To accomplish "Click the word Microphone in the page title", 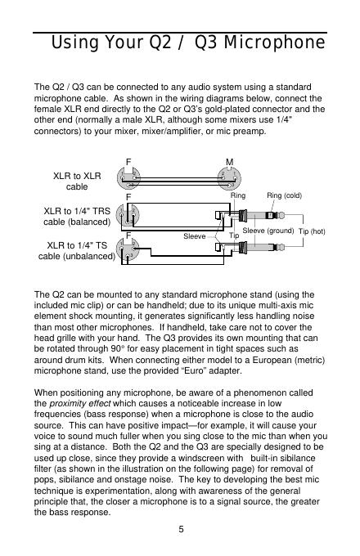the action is pos(274,43).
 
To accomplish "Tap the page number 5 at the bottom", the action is pos(181,529).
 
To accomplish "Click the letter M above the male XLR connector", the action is pos(229,162).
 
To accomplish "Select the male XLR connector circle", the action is pos(229,179).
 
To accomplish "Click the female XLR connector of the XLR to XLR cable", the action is pos(128,179).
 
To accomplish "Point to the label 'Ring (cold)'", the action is pos(284,195).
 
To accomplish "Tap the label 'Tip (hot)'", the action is pos(312,231).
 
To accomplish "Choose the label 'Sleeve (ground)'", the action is pos(268,231).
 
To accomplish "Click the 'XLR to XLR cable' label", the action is pos(77,182).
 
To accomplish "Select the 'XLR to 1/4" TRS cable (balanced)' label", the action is pos(77,217).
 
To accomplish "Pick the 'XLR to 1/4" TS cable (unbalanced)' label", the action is pos(77,251).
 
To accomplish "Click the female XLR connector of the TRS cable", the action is pos(128,215).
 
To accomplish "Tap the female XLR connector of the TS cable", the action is pos(128,249).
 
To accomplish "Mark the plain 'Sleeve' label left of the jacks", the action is pos(195,236).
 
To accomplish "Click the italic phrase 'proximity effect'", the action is pos(80,404).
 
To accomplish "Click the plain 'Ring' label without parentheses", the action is pos(238,195).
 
